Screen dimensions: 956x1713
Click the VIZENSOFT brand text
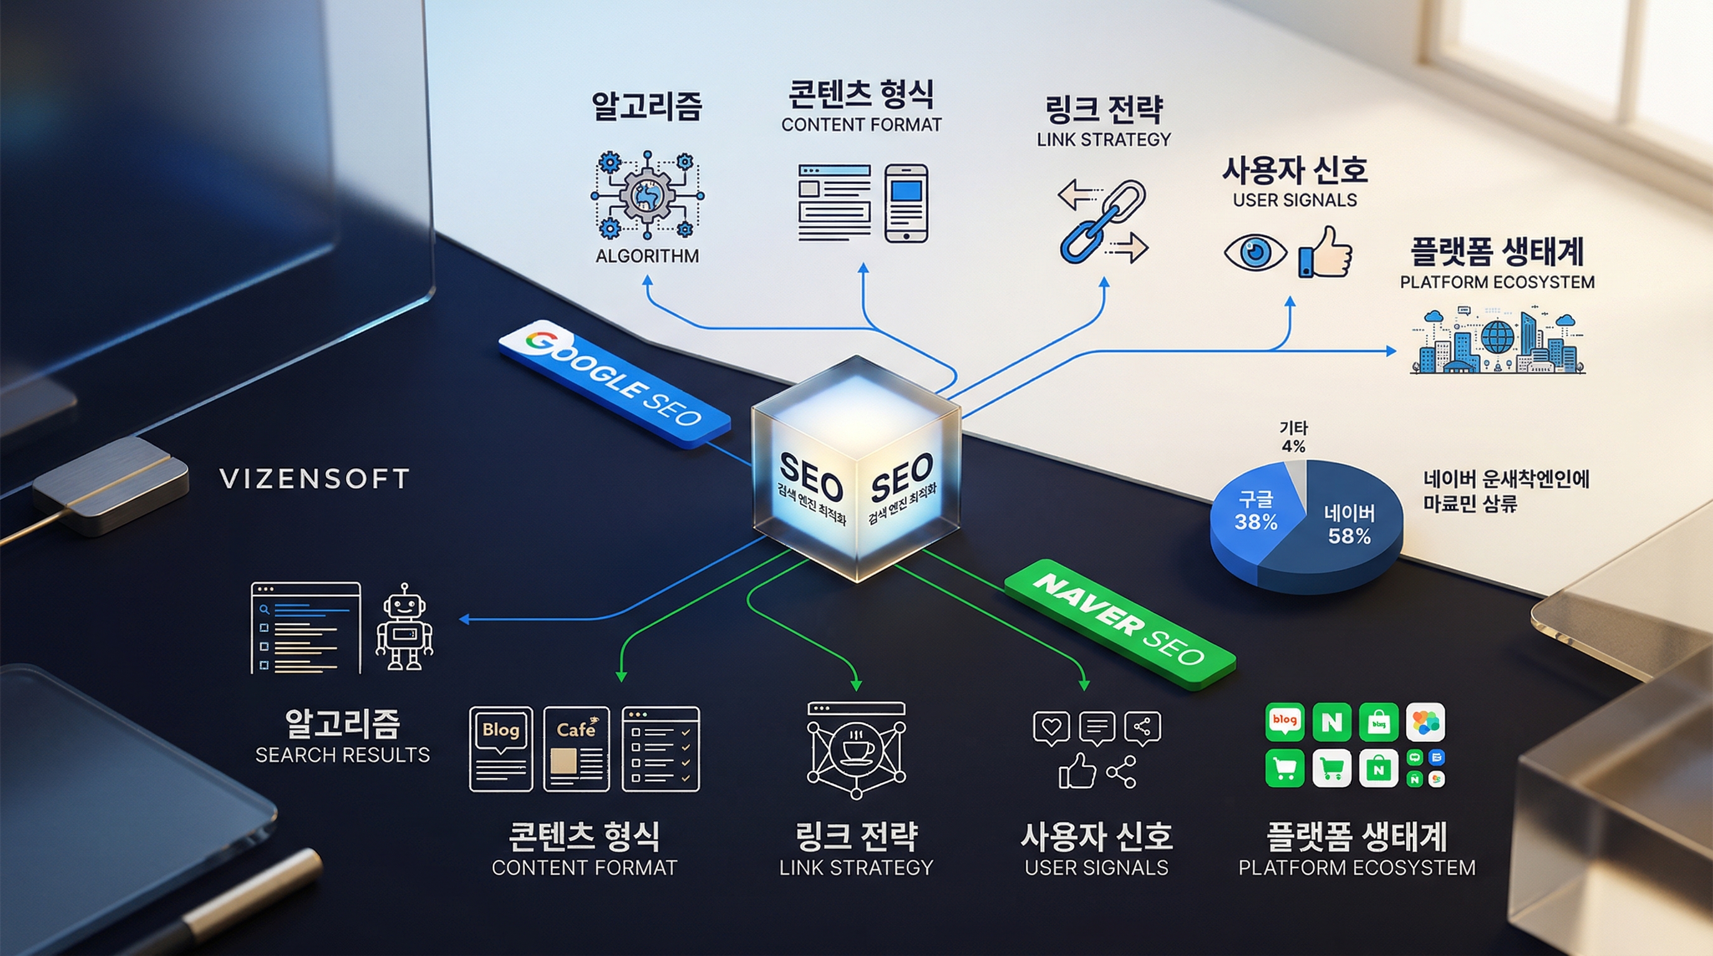pos(314,479)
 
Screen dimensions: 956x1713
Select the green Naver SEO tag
pos(1119,624)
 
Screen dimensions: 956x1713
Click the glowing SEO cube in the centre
pos(856,469)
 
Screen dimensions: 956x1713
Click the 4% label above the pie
pos(1293,446)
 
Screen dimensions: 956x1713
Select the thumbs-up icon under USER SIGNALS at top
pos(1325,252)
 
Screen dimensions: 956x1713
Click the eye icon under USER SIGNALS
pos(1255,253)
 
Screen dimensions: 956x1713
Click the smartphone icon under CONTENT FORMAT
pos(906,204)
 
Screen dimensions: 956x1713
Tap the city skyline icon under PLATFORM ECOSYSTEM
pos(1498,341)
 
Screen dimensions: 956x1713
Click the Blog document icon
pos(500,749)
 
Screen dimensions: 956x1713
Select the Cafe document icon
pos(576,749)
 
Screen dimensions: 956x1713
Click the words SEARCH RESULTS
pos(342,755)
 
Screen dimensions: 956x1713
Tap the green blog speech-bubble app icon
pos(1284,721)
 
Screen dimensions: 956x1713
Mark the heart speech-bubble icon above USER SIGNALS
pos(1051,728)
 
